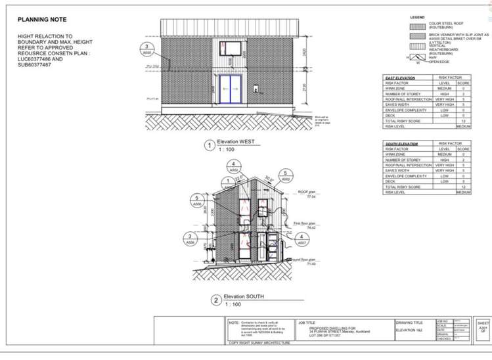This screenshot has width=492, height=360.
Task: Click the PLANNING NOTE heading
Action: pyautogui.click(x=41, y=20)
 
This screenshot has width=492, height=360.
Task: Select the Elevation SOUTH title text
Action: pyautogui.click(x=244, y=296)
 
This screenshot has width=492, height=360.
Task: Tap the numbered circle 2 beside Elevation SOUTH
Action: pyautogui.click(x=215, y=300)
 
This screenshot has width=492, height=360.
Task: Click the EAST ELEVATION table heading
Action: pyautogui.click(x=399, y=78)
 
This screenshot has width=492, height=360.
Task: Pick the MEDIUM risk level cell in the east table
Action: pyautogui.click(x=463, y=125)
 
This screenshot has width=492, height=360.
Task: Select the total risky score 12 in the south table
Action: pyautogui.click(x=463, y=187)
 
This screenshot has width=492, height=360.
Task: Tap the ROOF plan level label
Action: pyautogui.click(x=307, y=194)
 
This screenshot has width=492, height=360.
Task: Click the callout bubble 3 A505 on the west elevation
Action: pyautogui.click(x=147, y=49)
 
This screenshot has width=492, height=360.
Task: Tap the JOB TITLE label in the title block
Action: pyautogui.click(x=306, y=323)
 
